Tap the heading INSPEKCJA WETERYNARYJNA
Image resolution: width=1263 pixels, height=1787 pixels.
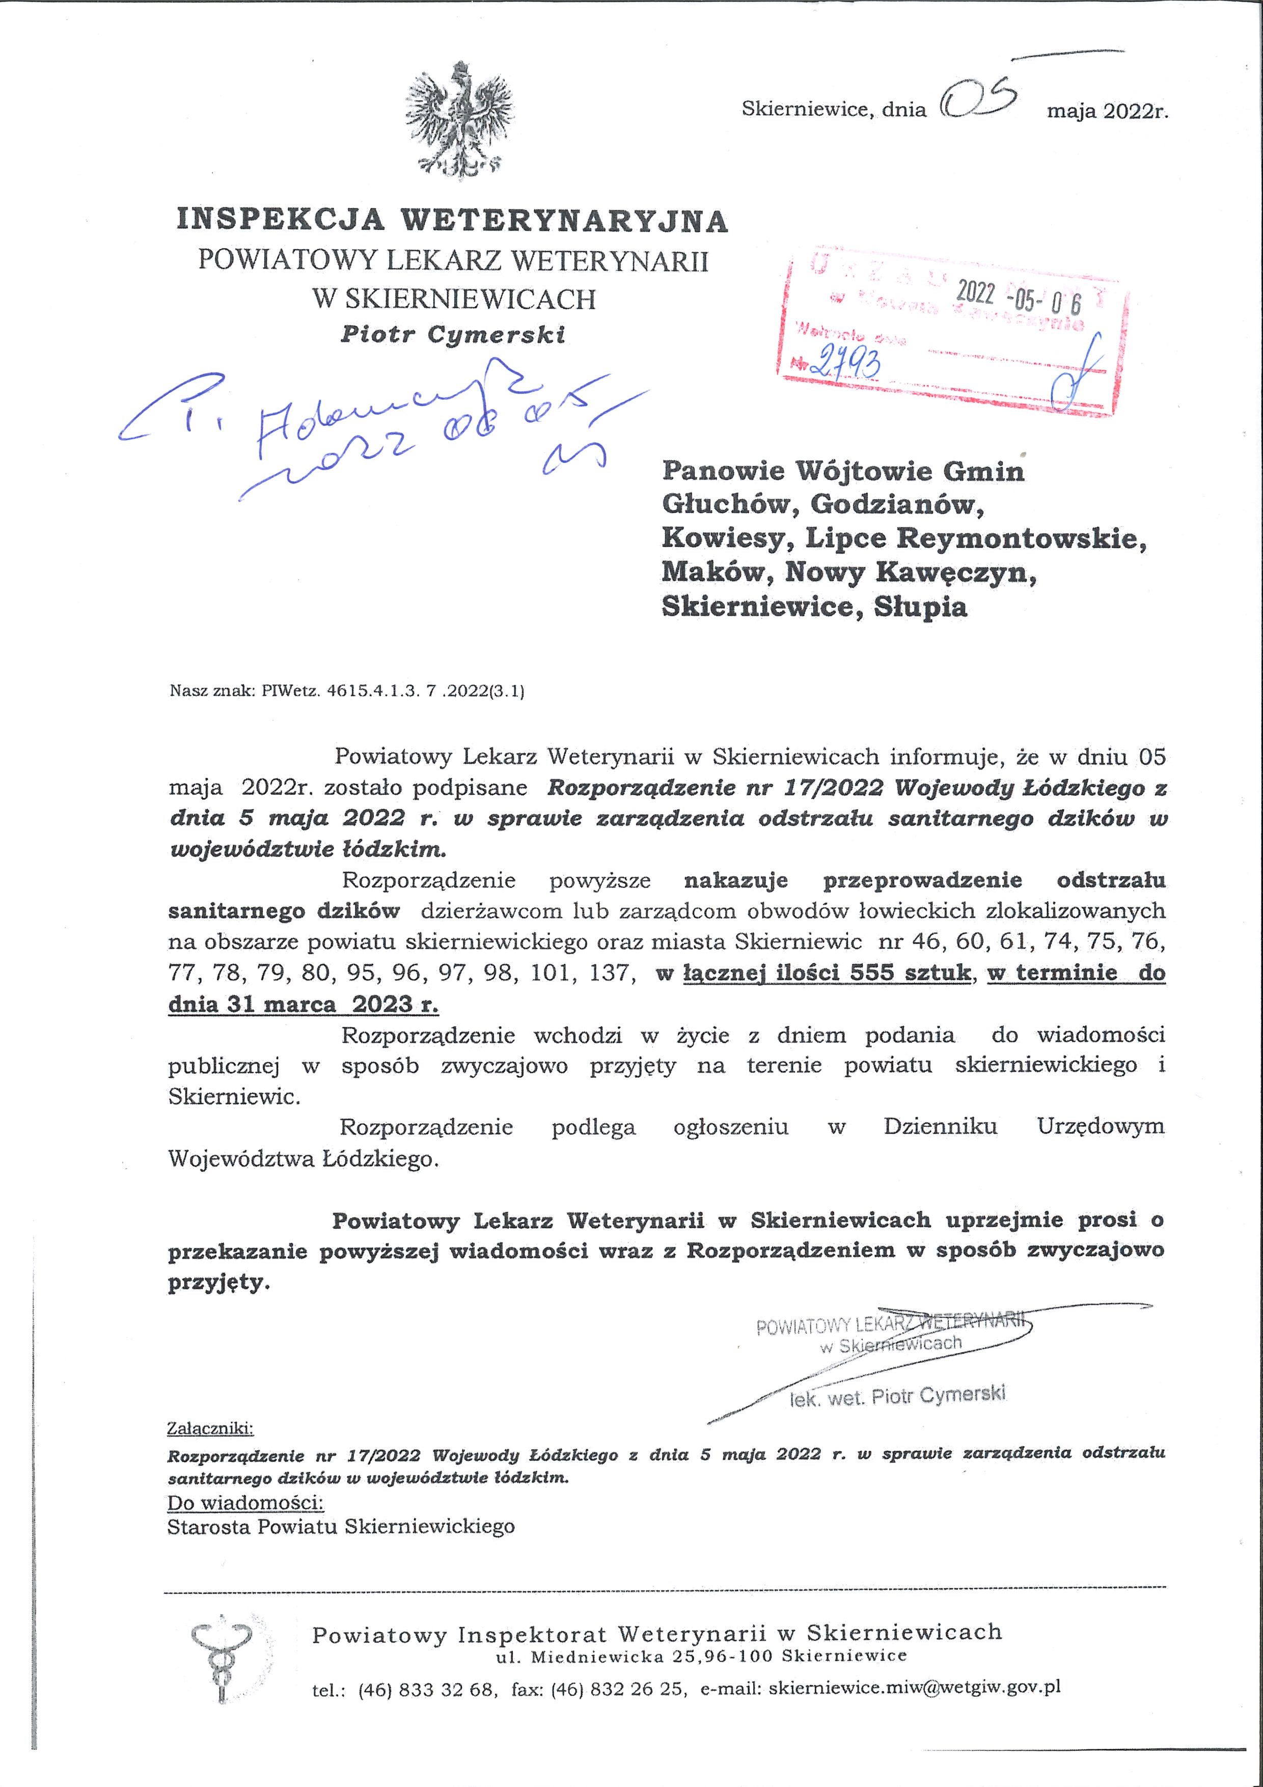pos(452,221)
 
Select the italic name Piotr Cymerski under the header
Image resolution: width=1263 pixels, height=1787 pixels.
pos(453,335)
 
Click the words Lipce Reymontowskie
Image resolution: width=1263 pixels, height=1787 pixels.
pos(976,538)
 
